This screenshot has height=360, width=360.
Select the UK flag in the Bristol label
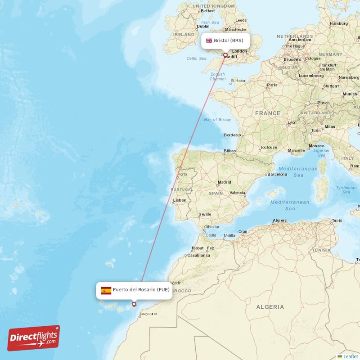pyautogui.click(x=209, y=40)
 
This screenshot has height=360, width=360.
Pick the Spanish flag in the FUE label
pyautogui.click(x=106, y=290)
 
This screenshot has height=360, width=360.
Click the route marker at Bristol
pyautogui.click(x=225, y=56)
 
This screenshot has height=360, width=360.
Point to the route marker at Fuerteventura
pyautogui.click(x=134, y=304)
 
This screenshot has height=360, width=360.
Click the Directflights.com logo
pyautogui.click(x=34, y=338)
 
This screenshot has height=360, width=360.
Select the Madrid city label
pyautogui.click(x=224, y=183)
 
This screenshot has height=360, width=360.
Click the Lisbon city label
pyautogui.click(x=180, y=200)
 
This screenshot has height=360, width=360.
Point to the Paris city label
pyautogui.click(x=272, y=85)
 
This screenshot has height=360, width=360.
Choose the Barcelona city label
pyautogui.click(x=277, y=174)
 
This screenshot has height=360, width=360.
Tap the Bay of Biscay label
pyautogui.click(x=217, y=120)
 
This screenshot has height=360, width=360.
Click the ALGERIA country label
pyautogui.click(x=270, y=307)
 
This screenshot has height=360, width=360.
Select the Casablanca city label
pyautogui.click(x=198, y=255)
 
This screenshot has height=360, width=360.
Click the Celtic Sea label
pyautogui.click(x=196, y=58)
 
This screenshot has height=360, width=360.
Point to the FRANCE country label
pyautogui.click(x=268, y=113)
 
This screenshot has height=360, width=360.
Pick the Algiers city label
pyautogui.click(x=279, y=220)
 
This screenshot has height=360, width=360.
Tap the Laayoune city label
pyautogui.click(x=148, y=314)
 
